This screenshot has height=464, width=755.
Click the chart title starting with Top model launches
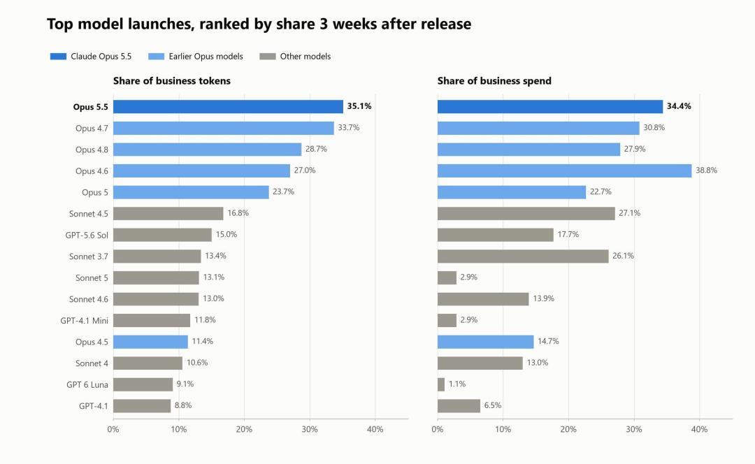click(259, 24)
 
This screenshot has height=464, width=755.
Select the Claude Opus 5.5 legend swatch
click(58, 57)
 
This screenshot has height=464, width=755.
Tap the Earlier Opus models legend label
click(206, 57)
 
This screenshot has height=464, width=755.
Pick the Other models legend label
click(305, 57)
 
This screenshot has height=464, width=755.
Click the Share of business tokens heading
click(172, 81)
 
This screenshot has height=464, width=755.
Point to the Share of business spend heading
click(494, 81)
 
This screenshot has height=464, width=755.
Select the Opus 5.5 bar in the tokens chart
click(228, 107)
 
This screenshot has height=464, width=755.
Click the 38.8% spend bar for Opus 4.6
click(564, 171)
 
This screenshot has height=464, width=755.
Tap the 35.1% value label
click(359, 106)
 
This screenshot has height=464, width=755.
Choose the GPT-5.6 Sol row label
click(87, 235)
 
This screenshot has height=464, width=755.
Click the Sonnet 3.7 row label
click(89, 256)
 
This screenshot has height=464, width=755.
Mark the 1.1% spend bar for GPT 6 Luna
click(441, 384)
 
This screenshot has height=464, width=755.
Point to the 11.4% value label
click(202, 341)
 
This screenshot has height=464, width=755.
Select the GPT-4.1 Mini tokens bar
click(152, 321)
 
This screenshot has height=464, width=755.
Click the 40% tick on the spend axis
click(699, 429)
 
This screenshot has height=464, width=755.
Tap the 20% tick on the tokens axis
click(244, 429)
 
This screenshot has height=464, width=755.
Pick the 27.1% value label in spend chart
click(629, 213)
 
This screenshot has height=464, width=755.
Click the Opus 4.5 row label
click(92, 342)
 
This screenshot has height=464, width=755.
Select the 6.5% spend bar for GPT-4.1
click(459, 406)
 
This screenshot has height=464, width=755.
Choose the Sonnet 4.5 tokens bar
click(168, 214)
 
